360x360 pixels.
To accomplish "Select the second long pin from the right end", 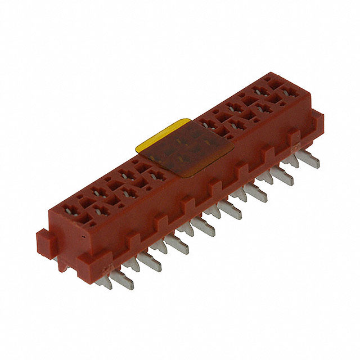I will (x=282, y=176).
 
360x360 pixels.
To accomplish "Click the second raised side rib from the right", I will (x=268, y=154).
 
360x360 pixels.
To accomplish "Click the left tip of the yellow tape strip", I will (x=137, y=147).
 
